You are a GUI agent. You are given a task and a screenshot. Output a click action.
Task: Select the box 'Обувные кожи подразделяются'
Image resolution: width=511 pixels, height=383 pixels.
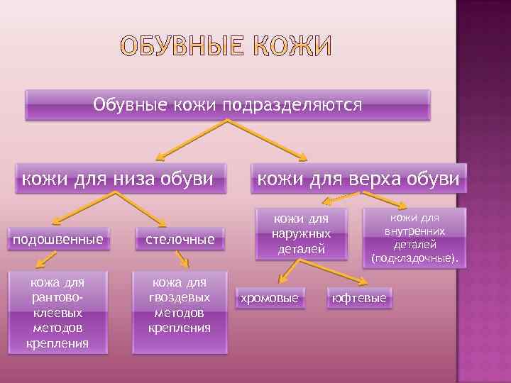point(228,105)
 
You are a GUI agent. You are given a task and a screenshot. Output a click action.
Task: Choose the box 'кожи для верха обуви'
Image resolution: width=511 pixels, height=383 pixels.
point(358,177)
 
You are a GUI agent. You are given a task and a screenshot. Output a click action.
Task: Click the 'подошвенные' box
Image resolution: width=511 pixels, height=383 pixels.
point(56,240)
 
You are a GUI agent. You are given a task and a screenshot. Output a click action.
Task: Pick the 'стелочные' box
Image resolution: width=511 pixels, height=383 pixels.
point(180,240)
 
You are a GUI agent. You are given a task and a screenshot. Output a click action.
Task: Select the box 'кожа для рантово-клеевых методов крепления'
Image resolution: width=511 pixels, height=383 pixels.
point(57,313)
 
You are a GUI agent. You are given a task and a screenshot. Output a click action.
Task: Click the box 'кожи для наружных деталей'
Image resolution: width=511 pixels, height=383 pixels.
point(302,233)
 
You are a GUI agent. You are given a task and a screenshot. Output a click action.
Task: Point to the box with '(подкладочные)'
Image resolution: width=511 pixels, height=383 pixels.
point(414,238)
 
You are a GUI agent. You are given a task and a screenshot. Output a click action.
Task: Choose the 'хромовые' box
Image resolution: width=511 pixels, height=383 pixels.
point(270,299)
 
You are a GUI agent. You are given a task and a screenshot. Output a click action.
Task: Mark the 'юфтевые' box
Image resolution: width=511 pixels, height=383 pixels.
point(359,299)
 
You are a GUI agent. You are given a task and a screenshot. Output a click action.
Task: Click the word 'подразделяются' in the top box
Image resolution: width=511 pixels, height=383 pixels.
point(292,105)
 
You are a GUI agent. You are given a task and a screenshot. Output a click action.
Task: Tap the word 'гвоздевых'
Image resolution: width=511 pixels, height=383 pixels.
point(180,299)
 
